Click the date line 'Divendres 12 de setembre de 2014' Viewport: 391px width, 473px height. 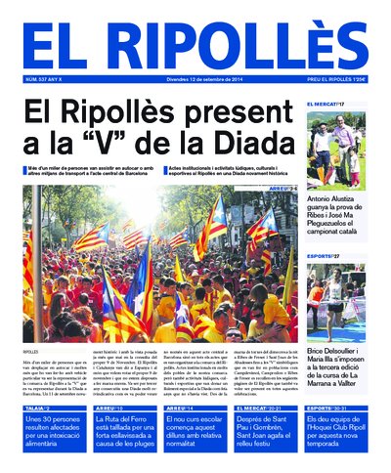195,79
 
